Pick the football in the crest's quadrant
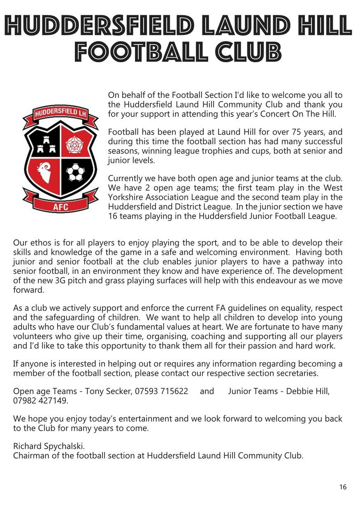[x=76, y=173]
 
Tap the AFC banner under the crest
[x=60, y=206]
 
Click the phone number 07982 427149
[x=40, y=400]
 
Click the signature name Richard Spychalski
[x=49, y=446]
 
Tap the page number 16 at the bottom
[x=343, y=487]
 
